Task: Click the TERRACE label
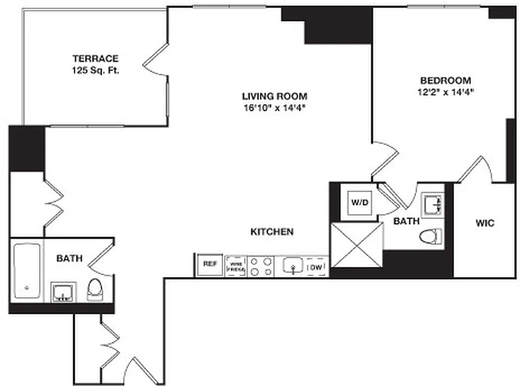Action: click(x=95, y=59)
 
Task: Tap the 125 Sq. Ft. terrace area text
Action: click(x=95, y=70)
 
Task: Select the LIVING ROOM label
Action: click(x=275, y=96)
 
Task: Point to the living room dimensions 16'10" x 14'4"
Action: click(x=275, y=108)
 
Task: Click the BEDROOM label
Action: click(x=446, y=81)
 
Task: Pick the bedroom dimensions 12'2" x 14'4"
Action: click(x=446, y=92)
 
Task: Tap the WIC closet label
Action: click(x=485, y=223)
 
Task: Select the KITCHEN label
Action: click(x=272, y=232)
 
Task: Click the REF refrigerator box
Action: click(x=209, y=264)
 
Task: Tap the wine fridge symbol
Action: click(x=236, y=266)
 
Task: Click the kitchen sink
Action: click(x=293, y=266)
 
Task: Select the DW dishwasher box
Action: click(x=316, y=267)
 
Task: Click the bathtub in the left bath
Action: click(x=27, y=271)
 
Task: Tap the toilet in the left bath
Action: click(x=95, y=289)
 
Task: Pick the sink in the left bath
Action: click(x=63, y=292)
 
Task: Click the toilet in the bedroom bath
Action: click(x=430, y=236)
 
